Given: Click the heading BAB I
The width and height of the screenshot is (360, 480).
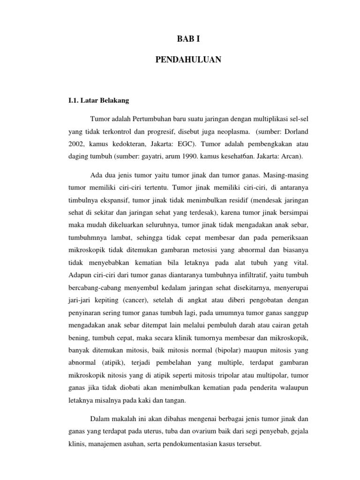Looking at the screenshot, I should click(x=180, y=41).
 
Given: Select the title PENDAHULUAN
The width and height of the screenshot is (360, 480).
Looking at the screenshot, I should click(x=180, y=60).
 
